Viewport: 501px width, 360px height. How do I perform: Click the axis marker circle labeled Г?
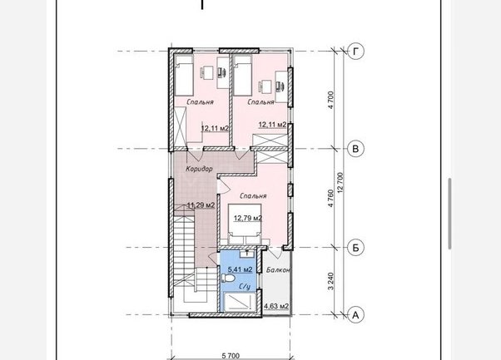coord(355,51)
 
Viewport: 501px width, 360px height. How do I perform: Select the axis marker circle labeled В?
coord(355,149)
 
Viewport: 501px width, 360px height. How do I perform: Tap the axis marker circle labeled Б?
coord(355,248)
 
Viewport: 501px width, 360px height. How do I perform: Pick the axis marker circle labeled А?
coord(355,315)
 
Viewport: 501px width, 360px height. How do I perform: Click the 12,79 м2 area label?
coord(248,219)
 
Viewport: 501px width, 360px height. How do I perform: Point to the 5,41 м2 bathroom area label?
coord(240,269)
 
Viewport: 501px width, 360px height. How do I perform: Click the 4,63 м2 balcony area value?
coord(276,307)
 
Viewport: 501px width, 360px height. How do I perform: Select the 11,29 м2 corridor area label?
coord(201,205)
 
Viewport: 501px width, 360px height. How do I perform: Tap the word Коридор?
coord(200,169)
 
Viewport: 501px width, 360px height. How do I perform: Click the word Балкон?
coord(278,270)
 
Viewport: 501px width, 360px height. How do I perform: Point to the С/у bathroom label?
coord(245,287)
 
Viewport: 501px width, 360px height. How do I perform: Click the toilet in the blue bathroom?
coord(228,279)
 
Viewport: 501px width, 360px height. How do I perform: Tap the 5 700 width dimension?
coord(231,355)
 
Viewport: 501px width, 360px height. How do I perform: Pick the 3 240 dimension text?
coord(330,281)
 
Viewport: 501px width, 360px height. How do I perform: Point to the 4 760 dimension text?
coord(330,198)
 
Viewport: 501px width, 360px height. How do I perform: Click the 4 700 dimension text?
coord(330,100)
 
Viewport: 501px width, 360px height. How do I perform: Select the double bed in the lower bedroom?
coord(245,224)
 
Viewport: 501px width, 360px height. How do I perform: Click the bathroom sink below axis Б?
coord(247,254)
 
